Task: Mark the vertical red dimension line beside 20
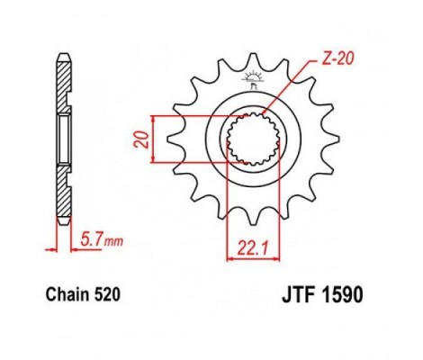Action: tap(157, 139)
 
